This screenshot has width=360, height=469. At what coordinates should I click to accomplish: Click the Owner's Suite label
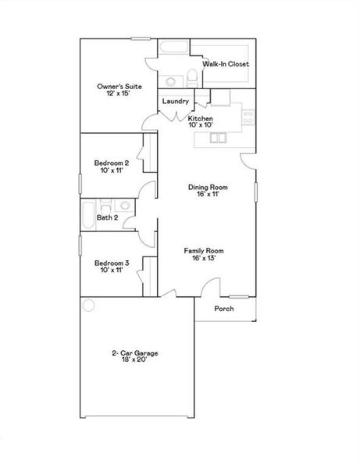[119, 86]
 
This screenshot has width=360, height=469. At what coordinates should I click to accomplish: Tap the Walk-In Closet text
[226, 64]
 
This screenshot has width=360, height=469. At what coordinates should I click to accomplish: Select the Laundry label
[176, 102]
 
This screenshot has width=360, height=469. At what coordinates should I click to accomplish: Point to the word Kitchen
[201, 118]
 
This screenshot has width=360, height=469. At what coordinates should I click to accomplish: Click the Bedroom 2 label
[111, 163]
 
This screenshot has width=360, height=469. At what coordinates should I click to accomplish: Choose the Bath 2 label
[107, 217]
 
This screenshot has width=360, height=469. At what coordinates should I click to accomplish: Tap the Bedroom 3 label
[111, 263]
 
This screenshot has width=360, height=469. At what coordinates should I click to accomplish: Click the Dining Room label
[208, 188]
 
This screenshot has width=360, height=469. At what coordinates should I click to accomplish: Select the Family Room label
[204, 251]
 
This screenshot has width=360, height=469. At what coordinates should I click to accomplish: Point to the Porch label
[224, 309]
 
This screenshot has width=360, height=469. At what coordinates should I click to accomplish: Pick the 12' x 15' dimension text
[119, 94]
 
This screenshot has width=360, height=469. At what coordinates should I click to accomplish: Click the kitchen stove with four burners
[248, 117]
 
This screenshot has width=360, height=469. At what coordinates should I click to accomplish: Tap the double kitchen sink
[218, 138]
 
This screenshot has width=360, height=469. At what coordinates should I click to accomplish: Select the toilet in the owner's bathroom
[190, 77]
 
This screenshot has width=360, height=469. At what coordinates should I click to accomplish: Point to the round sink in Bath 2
[124, 206]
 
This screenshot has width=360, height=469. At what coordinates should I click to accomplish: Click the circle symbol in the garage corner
[88, 305]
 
